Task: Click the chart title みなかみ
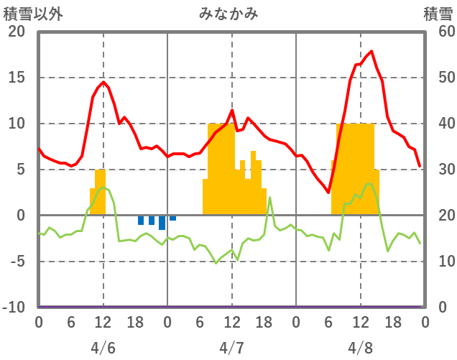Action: click(228, 14)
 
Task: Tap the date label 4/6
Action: click(103, 348)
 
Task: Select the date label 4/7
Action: click(231, 348)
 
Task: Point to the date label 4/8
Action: click(360, 348)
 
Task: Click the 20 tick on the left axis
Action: click(17, 32)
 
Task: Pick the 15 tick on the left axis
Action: click(17, 78)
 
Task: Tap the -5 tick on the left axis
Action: click(17, 262)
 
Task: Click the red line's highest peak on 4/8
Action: click(371, 51)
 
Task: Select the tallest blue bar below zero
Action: click(162, 223)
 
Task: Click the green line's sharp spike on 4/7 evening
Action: click(269, 198)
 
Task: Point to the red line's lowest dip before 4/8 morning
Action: click(328, 193)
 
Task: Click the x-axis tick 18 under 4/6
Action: click(135, 321)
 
